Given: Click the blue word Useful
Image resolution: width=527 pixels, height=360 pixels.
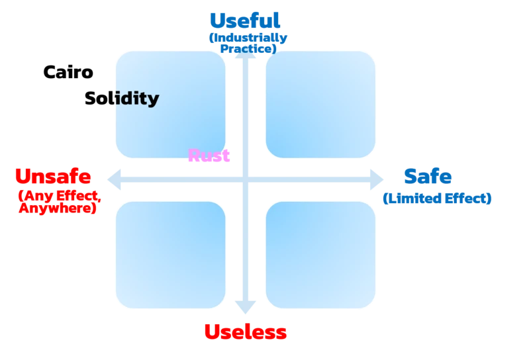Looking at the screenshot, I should (244, 21).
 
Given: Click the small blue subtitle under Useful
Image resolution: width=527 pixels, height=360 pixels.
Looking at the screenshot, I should (248, 43).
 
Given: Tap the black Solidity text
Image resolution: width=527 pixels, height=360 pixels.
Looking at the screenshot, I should (136, 99).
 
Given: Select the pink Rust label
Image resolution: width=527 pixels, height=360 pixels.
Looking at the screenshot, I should (209, 156).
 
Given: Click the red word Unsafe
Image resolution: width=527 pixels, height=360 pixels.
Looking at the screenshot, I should (53, 177).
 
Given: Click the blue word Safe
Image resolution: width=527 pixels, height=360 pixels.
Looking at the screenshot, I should (428, 177).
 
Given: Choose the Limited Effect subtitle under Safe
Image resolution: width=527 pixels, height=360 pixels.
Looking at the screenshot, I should (437, 198).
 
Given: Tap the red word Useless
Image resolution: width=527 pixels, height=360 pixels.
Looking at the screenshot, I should (244, 332).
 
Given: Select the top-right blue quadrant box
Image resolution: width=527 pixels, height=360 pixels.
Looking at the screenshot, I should (321, 104).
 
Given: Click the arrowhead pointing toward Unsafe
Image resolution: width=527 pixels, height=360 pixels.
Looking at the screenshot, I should (113, 179).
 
